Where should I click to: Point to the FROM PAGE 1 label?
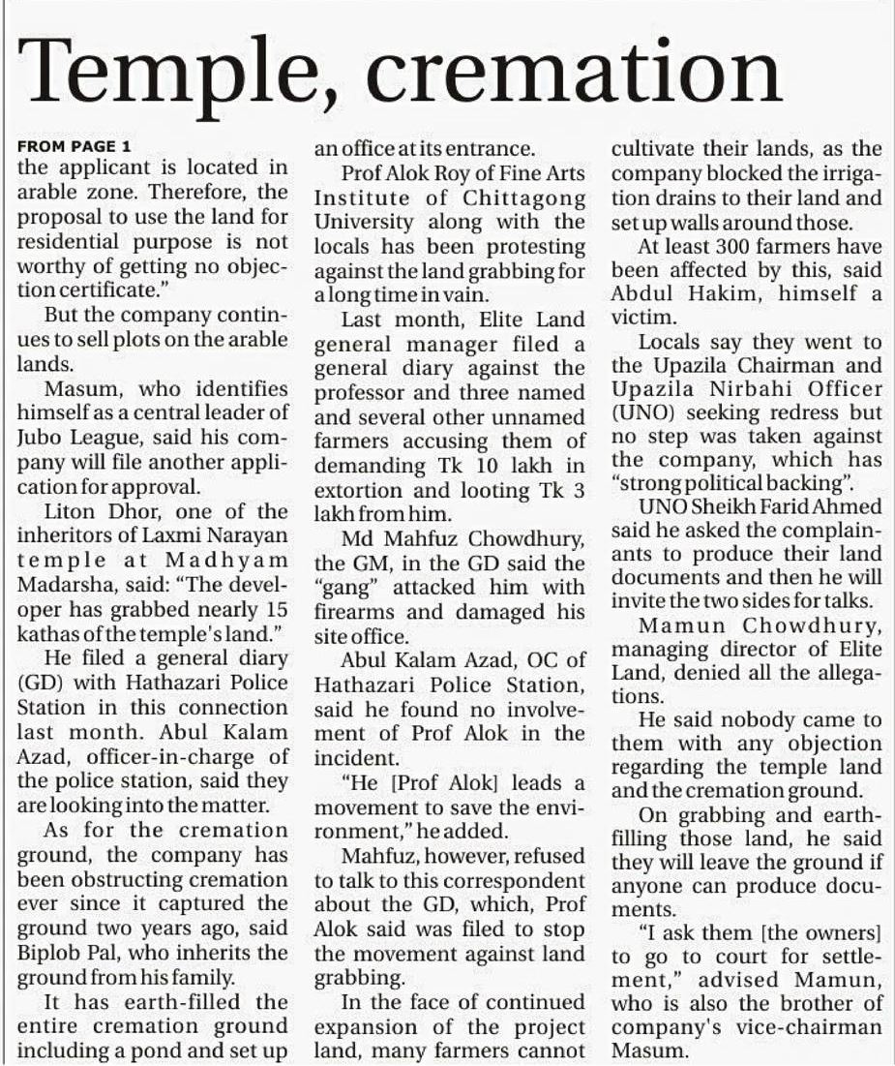[x=74, y=147]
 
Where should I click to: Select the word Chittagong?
[x=524, y=198]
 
